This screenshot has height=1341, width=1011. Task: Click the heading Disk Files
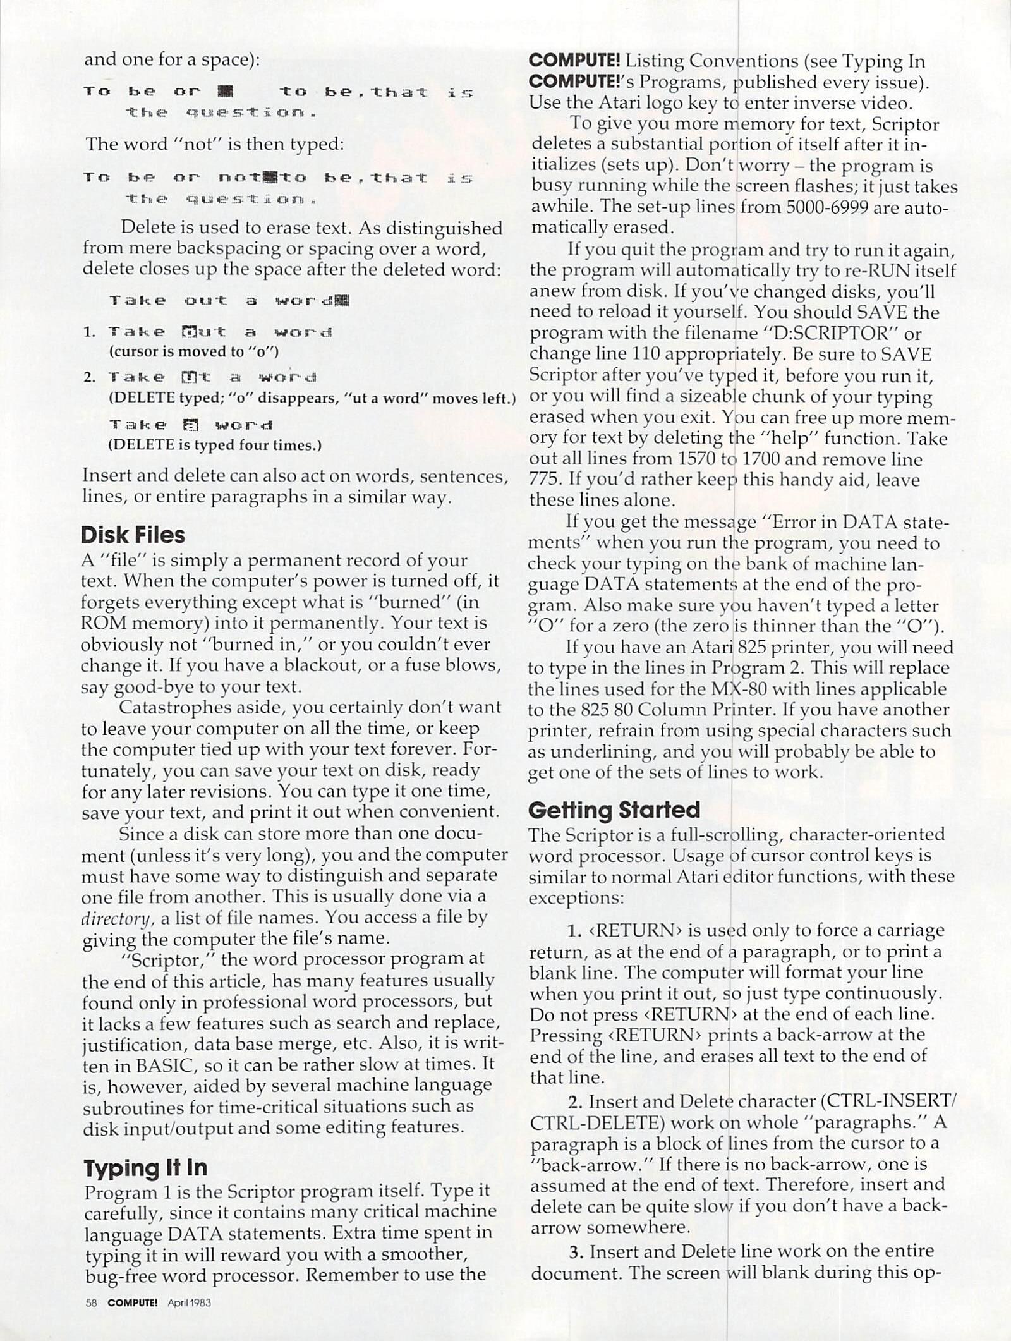click(x=133, y=535)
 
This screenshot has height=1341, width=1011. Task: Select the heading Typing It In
click(x=145, y=1167)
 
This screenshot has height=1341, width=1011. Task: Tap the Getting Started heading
click(x=614, y=810)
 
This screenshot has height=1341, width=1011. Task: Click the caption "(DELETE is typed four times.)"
click(x=215, y=445)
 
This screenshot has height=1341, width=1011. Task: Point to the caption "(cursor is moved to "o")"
click(x=194, y=351)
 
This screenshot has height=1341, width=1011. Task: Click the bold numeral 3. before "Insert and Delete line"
click(x=576, y=1251)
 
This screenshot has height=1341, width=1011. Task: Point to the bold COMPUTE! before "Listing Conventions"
click(x=574, y=61)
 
